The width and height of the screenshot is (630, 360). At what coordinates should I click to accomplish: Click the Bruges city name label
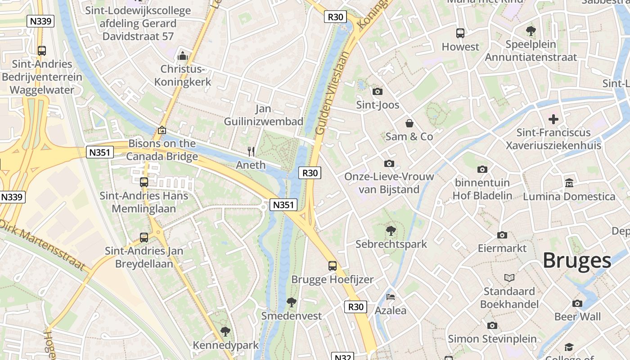click(x=576, y=261)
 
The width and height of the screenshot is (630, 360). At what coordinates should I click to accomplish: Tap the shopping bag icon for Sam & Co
click(x=409, y=123)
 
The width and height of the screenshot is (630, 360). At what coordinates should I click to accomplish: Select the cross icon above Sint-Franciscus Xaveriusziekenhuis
click(x=553, y=119)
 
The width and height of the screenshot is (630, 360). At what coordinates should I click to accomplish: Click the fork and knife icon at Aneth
click(x=251, y=152)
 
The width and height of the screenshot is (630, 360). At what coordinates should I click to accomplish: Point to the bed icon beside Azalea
click(x=391, y=297)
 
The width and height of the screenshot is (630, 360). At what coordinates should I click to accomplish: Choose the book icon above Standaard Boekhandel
click(x=509, y=278)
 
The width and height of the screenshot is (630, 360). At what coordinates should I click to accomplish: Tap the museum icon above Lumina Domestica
click(x=569, y=183)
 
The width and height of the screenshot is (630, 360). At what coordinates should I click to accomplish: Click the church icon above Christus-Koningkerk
click(x=182, y=56)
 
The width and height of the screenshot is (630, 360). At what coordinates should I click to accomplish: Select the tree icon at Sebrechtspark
click(x=391, y=231)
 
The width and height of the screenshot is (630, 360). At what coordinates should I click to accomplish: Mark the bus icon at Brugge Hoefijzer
click(x=333, y=266)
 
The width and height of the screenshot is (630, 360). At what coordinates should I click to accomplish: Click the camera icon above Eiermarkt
click(x=502, y=235)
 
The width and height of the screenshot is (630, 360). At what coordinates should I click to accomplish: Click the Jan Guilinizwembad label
click(x=264, y=115)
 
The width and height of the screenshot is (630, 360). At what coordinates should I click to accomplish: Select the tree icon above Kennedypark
click(x=225, y=332)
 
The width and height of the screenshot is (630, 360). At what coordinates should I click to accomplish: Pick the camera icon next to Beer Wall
click(x=577, y=303)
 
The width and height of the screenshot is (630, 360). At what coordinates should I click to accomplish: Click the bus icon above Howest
click(x=460, y=33)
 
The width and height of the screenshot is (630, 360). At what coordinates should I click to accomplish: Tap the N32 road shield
click(x=342, y=357)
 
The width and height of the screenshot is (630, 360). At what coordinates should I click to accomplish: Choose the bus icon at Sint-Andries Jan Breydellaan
click(x=144, y=237)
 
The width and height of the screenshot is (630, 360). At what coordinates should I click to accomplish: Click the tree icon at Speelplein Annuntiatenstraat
click(x=531, y=31)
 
